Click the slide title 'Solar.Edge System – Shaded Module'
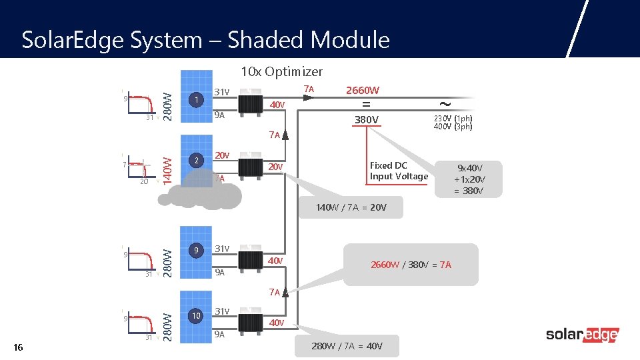(205, 40)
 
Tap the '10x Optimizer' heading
(281, 71)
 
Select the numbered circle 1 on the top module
(195, 100)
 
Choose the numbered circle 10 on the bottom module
(195, 315)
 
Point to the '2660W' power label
(363, 90)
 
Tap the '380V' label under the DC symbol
(366, 120)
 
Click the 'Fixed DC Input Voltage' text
(399, 171)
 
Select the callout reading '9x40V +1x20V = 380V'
(468, 179)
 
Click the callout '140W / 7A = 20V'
(351, 207)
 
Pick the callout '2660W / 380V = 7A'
(411, 265)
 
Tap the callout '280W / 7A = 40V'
(346, 346)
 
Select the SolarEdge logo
(582, 335)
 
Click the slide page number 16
(18, 347)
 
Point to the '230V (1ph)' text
(453, 119)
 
